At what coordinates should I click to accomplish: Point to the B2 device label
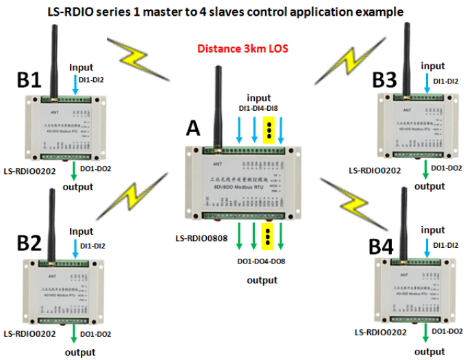coord(29,243)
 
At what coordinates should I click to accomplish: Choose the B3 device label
coord(384,80)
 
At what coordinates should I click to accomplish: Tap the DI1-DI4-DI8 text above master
coord(262,109)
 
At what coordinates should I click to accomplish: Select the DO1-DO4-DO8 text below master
coord(262,263)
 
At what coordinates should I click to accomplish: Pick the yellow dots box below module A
coord(268,236)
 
